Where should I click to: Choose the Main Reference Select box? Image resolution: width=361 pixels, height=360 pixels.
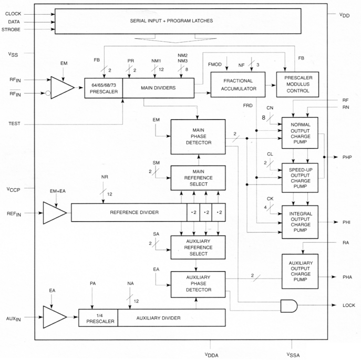click(x=198, y=177)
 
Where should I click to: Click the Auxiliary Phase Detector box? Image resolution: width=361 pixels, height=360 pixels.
click(x=198, y=284)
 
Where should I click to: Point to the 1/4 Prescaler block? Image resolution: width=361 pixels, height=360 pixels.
click(x=98, y=317)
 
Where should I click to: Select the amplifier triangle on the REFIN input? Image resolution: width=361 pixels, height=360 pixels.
click(x=56, y=213)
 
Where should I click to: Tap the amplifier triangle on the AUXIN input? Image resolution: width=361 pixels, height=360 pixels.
click(x=56, y=317)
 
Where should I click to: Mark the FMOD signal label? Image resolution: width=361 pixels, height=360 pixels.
click(x=214, y=64)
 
